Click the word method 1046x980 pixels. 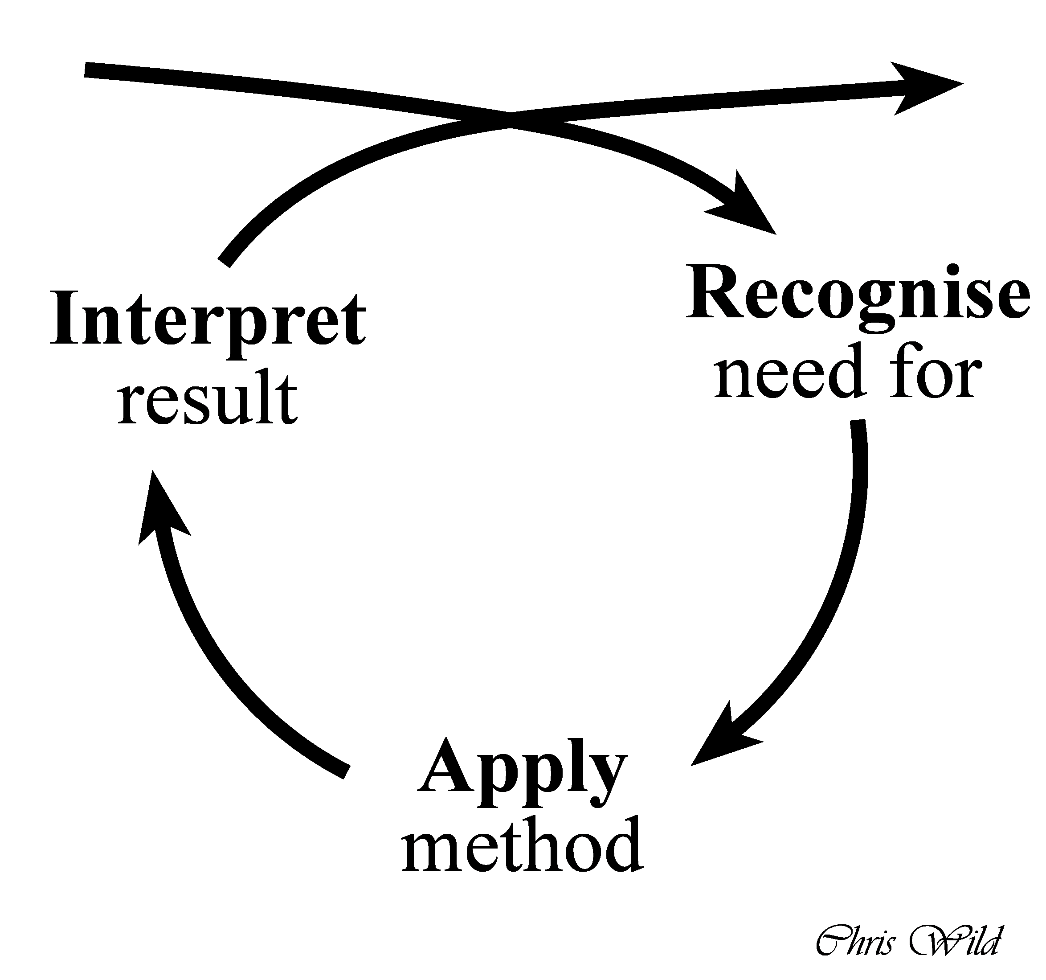click(x=522, y=847)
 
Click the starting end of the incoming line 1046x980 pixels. click(x=87, y=70)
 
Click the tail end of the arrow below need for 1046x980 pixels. click(x=858, y=421)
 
